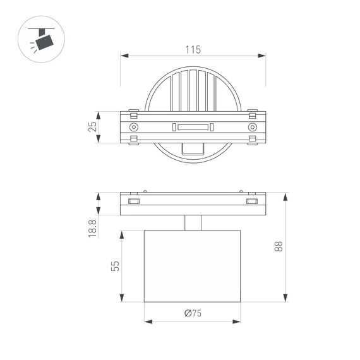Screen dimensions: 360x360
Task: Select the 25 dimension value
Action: [x=92, y=127]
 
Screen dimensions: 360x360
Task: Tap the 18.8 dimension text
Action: [x=92, y=229]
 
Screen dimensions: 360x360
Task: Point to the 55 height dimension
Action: [x=114, y=266]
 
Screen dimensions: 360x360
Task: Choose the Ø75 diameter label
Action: [x=193, y=313]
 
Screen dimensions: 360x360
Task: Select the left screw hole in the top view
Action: [x=133, y=128]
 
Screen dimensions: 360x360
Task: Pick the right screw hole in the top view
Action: [x=252, y=128]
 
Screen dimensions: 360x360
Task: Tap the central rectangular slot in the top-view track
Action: [x=193, y=128]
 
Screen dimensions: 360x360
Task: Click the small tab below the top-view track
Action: [x=193, y=148]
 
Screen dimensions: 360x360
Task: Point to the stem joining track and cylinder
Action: [x=193, y=223]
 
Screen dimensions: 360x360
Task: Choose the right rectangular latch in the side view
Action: [x=252, y=201]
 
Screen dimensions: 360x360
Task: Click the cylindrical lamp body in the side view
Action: [x=193, y=266]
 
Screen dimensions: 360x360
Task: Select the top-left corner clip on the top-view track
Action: [x=133, y=114]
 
